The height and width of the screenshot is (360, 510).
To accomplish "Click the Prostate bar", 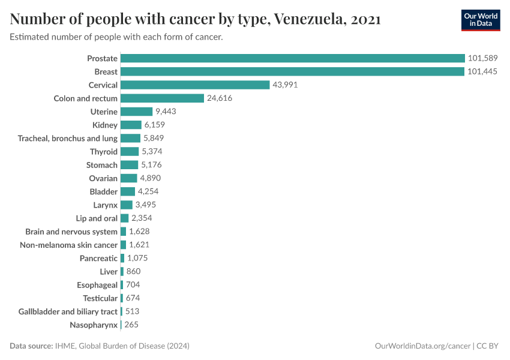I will click(293, 58).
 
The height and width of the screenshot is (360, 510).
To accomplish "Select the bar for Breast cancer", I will click(293, 71).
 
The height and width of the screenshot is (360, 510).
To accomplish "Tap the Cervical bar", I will click(195, 85).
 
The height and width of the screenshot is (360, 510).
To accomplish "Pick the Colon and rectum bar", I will click(162, 98).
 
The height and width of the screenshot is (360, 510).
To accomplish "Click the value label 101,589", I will click(483, 58).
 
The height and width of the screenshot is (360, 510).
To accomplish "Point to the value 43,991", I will click(285, 85).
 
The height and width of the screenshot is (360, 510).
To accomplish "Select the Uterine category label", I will click(104, 112).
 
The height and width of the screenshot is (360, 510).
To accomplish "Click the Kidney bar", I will click(131, 125).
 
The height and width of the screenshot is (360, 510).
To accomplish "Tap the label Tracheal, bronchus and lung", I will click(68, 138).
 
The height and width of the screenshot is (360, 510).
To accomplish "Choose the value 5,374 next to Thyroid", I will click(152, 151).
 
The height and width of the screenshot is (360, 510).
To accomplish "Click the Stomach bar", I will click(129, 165).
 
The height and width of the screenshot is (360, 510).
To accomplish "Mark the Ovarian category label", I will click(103, 178).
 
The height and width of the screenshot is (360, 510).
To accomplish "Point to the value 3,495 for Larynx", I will click(146, 205).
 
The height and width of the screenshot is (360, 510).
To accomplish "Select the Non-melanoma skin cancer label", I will click(68, 245).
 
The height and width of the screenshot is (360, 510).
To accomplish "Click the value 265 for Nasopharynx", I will click(132, 325).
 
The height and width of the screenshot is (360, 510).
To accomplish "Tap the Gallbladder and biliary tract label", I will click(68, 311).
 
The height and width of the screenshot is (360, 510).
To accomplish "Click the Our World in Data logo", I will click(480, 20).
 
